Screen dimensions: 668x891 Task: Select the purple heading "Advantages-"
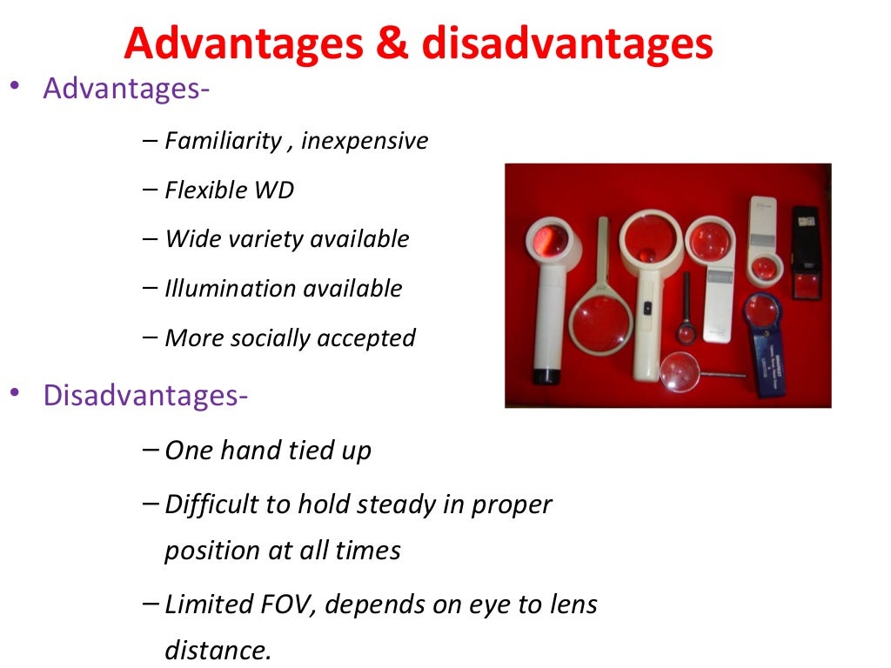125,89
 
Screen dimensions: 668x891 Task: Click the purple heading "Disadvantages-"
145,396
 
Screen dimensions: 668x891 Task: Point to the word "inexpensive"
365,141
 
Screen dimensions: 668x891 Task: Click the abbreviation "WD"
274,190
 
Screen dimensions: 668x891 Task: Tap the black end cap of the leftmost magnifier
546,376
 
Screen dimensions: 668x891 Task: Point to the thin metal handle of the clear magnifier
718,375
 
